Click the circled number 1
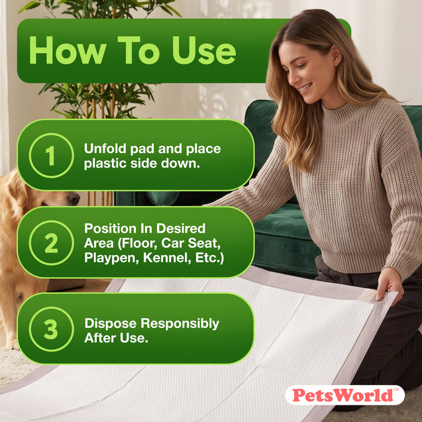pyautogui.click(x=51, y=156)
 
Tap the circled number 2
pyautogui.click(x=51, y=242)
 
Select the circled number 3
pyautogui.click(x=51, y=329)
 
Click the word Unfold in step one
pyautogui.click(x=105, y=148)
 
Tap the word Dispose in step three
pyautogui.click(x=111, y=324)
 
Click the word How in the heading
pyautogui.click(x=68, y=50)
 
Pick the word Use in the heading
pyautogui.click(x=204, y=50)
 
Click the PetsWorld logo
pyautogui.click(x=344, y=395)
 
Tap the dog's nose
pyautogui.click(x=73, y=199)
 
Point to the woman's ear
pyautogui.click(x=337, y=56)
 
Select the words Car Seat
pyautogui.click(x=191, y=243)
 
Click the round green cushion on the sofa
pyautogui.click(x=162, y=198)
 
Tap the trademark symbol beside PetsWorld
pyautogui.click(x=396, y=390)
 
